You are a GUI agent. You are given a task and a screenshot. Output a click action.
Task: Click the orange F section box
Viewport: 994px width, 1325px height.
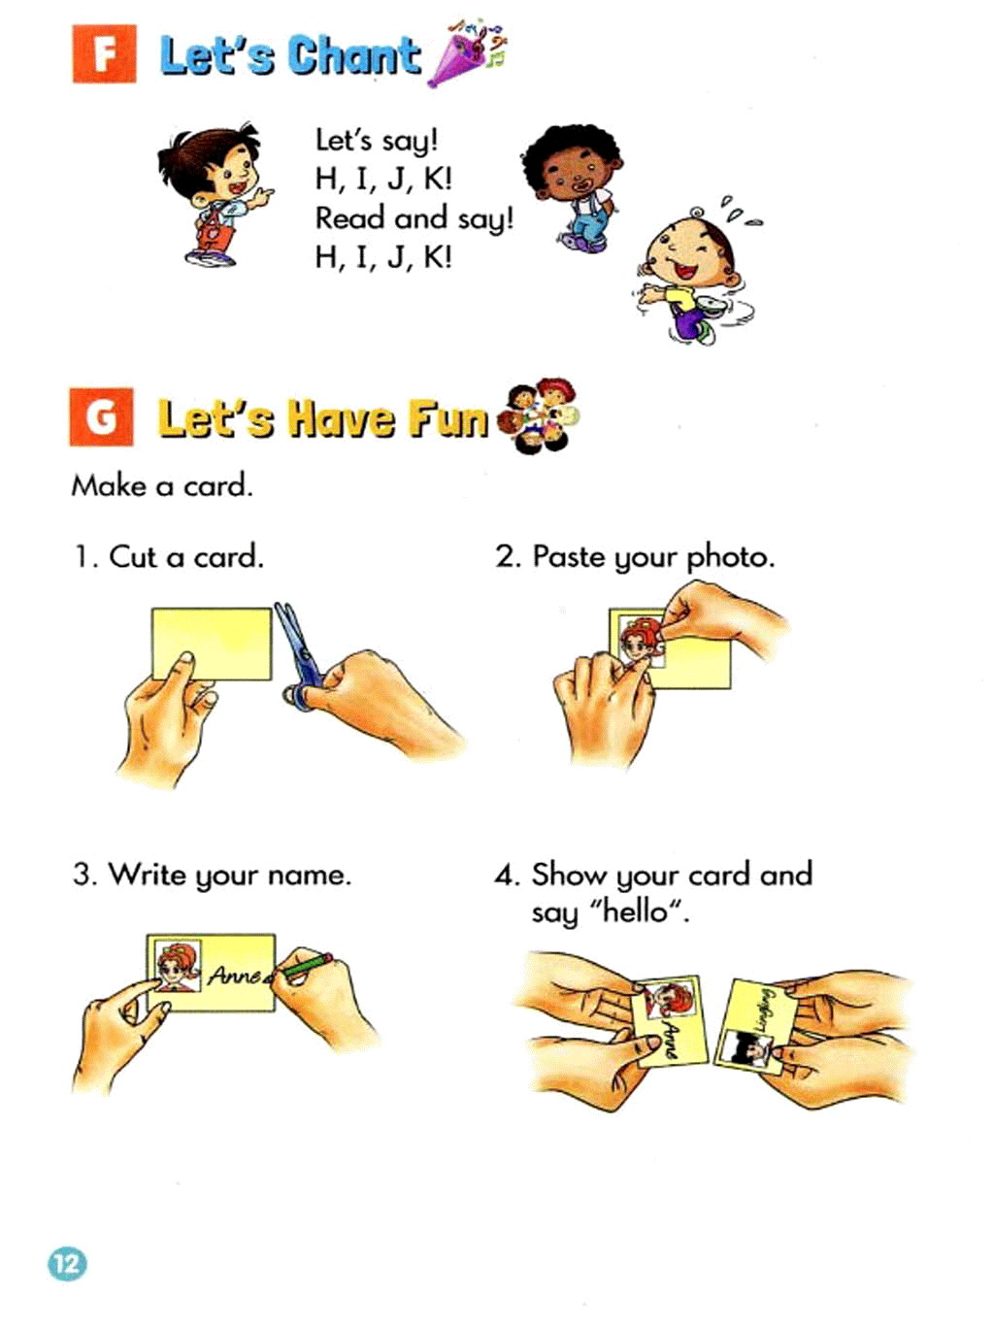(104, 53)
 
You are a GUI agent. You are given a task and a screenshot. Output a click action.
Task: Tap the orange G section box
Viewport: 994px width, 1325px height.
(101, 417)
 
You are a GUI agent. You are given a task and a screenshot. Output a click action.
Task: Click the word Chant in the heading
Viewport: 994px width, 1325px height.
(353, 55)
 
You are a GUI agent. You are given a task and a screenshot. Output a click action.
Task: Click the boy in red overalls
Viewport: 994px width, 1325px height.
(215, 194)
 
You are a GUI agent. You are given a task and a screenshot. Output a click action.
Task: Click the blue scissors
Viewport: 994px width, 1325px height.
(298, 655)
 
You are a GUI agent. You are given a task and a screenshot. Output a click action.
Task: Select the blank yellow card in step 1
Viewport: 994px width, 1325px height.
(212, 644)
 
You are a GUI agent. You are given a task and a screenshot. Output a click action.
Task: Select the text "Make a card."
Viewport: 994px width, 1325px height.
(162, 485)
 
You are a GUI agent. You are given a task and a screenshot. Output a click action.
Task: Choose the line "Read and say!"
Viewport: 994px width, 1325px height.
(414, 218)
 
